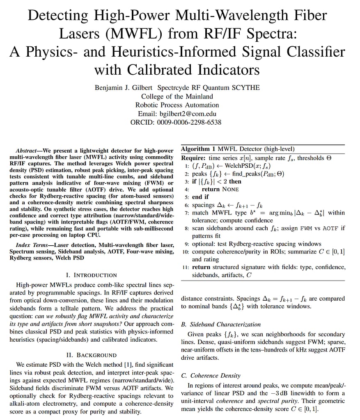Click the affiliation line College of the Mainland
click(177, 96)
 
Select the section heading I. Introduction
click(92, 275)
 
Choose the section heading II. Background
click(91, 355)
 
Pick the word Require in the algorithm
click(193, 158)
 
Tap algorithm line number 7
click(187, 213)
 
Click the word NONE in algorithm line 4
click(230, 189)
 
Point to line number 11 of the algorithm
click(186, 267)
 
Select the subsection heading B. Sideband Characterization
click(221, 324)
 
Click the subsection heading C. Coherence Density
click(211, 375)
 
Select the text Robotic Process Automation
click(177, 105)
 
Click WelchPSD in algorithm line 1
click(225, 166)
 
